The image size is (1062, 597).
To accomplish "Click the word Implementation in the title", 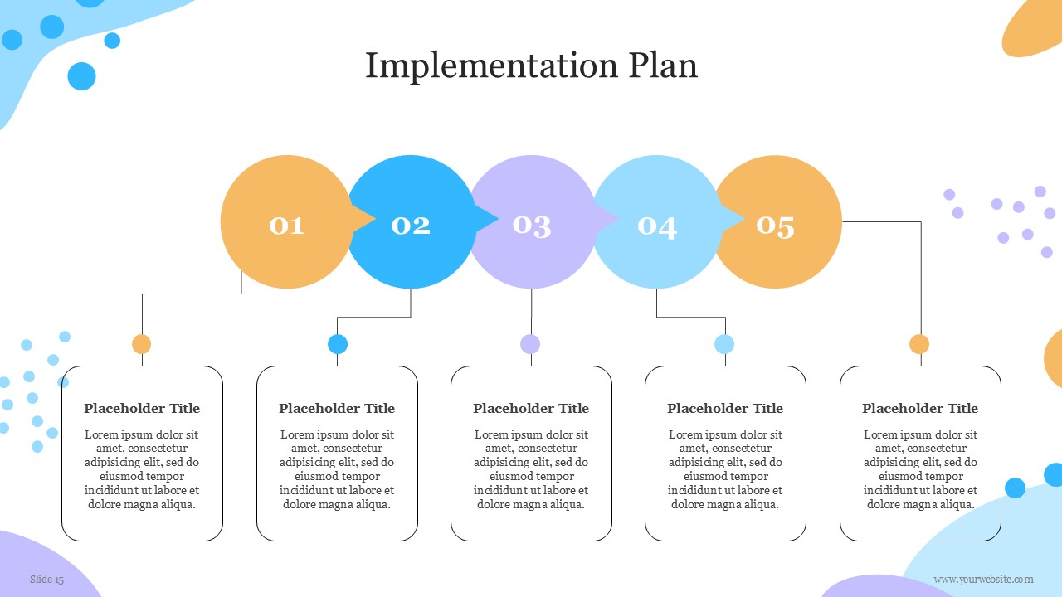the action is (x=491, y=66).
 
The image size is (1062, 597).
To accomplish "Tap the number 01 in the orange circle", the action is (x=287, y=226).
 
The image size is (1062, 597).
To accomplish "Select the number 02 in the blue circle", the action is (x=411, y=226).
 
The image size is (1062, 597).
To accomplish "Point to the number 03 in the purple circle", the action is (x=532, y=226).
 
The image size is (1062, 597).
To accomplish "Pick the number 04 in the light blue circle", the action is (x=656, y=227).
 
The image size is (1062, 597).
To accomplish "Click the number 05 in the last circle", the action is (x=775, y=226).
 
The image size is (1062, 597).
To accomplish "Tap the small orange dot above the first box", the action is (x=141, y=344).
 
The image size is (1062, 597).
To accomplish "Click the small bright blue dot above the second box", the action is (x=338, y=344).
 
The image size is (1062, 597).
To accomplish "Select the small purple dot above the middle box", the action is (x=530, y=344).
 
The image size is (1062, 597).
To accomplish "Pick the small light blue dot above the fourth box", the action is (x=724, y=344).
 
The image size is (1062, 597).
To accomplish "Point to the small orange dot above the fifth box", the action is (x=919, y=344).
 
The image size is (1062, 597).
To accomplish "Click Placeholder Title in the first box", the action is (x=142, y=409).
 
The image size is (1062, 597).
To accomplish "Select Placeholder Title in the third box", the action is (x=531, y=409).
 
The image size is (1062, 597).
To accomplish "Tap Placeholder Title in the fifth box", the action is (x=920, y=409).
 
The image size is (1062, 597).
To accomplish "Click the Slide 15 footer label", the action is (x=46, y=579).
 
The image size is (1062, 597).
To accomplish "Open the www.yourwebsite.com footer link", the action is (x=983, y=579).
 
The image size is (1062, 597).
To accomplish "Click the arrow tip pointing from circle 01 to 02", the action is (x=375, y=220).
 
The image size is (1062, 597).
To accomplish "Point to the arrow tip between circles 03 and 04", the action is (x=619, y=220).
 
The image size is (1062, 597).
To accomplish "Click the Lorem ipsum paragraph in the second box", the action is (x=337, y=469).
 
